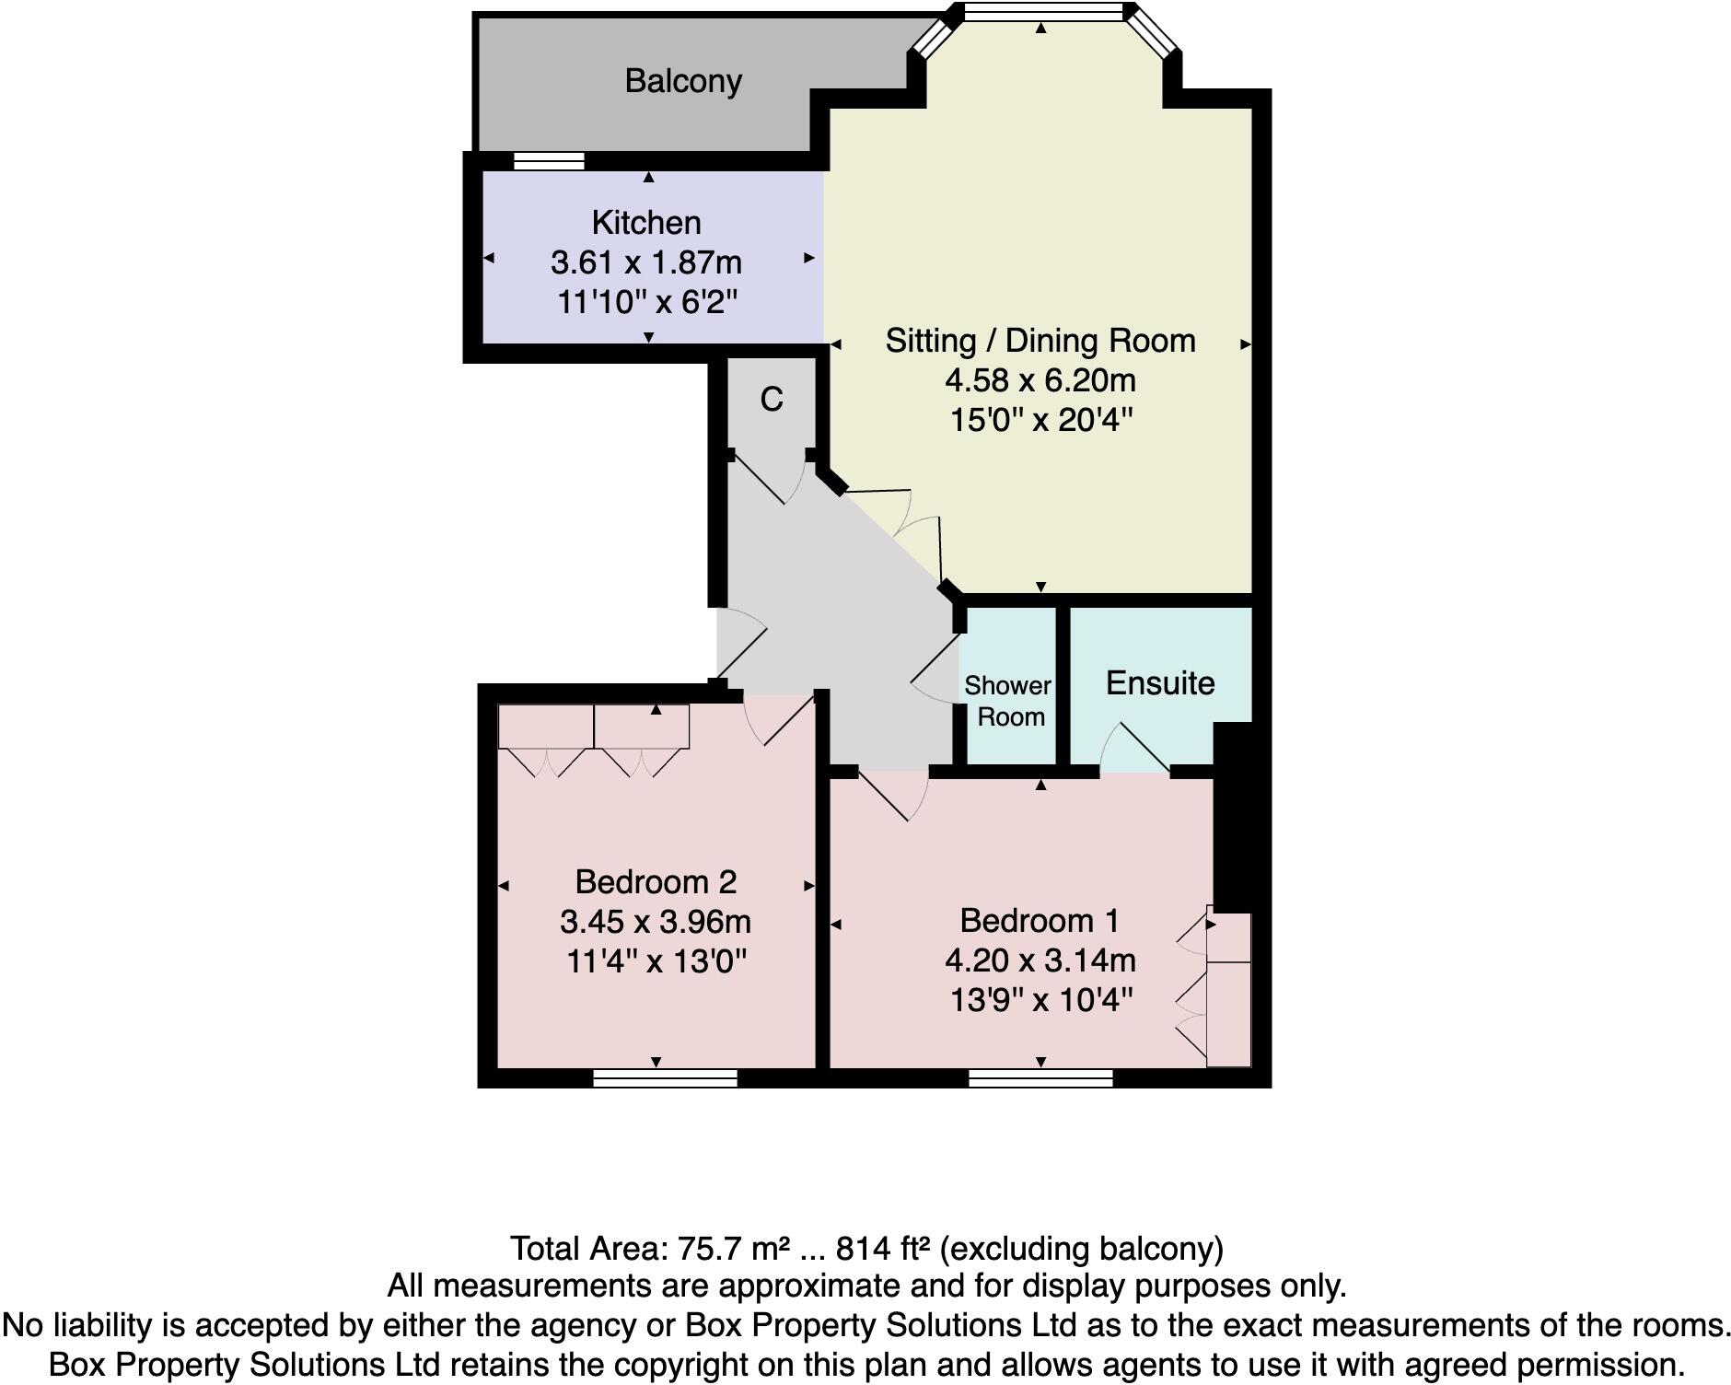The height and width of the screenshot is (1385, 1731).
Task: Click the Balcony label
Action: click(x=682, y=81)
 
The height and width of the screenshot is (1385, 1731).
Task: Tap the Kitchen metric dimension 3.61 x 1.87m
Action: click(x=645, y=262)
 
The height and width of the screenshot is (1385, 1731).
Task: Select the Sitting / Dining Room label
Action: click(x=1040, y=341)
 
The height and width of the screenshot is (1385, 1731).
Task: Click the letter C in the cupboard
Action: click(x=771, y=399)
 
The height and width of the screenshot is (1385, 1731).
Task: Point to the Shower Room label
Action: click(x=1009, y=701)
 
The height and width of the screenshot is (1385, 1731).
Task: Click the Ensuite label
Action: click(x=1159, y=683)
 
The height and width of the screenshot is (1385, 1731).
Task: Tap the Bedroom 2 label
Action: click(x=655, y=882)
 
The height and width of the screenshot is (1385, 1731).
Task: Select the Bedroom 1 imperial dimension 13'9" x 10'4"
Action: click(x=1040, y=1000)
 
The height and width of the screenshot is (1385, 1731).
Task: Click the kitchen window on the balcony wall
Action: click(x=549, y=162)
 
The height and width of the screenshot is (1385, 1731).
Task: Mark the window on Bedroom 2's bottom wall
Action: click(x=665, y=1078)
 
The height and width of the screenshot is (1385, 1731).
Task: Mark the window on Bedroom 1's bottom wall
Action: click(x=1040, y=1078)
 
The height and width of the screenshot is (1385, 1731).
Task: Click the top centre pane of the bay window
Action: click(x=1043, y=12)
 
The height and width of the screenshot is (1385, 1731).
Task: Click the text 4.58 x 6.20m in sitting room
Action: click(x=1040, y=380)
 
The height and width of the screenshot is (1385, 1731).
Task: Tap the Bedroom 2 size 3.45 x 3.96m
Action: click(x=655, y=922)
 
